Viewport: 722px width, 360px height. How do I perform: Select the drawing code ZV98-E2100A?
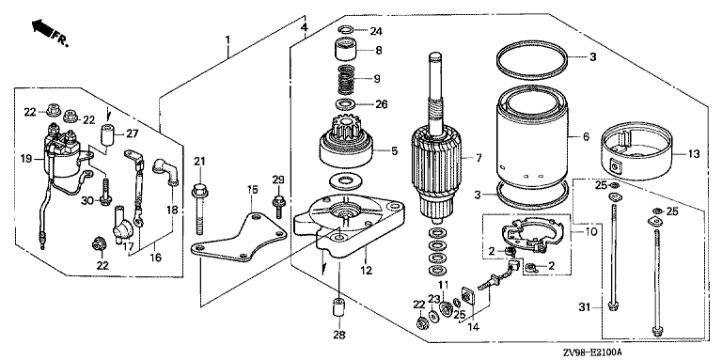[x=591, y=352]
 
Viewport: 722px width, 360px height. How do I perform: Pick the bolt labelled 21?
[x=199, y=209]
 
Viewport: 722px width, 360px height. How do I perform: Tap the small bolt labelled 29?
[x=278, y=207]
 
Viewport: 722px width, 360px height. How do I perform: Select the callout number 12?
[x=366, y=270]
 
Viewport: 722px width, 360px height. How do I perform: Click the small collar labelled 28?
[x=338, y=308]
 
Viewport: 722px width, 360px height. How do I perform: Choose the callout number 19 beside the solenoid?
[x=25, y=159]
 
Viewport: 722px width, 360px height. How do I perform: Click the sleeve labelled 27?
[x=107, y=134]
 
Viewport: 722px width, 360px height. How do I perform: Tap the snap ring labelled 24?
[x=346, y=30]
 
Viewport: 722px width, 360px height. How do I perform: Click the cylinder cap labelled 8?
[x=346, y=50]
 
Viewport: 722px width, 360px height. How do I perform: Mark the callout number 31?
[x=586, y=306]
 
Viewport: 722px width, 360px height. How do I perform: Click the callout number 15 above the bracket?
[x=253, y=189]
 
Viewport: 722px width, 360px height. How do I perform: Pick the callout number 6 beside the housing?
[x=586, y=137]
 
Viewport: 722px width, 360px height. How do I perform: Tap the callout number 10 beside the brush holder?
[x=590, y=231]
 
